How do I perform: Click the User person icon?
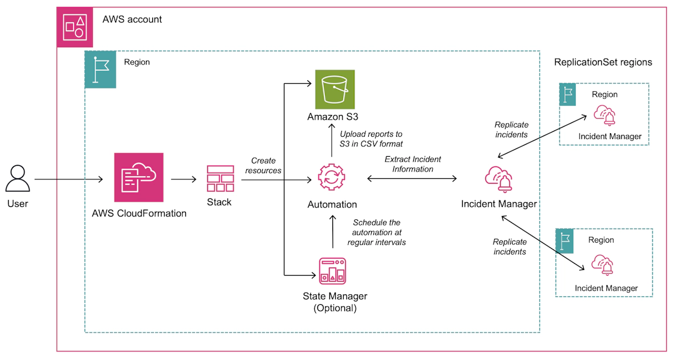17,178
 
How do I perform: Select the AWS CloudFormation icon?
139,177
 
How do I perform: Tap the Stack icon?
220,179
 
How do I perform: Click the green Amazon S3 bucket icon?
335,89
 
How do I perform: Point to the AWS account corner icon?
75,27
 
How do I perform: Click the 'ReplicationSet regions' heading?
603,62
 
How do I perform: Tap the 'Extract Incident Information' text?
413,164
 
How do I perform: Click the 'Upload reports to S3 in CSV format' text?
371,139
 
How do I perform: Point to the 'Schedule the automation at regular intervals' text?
376,232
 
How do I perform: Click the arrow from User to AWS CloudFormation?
68,179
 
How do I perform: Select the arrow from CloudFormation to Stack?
184,179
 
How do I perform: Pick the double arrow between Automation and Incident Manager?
412,179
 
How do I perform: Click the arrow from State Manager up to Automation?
332,234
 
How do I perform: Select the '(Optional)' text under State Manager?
335,308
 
